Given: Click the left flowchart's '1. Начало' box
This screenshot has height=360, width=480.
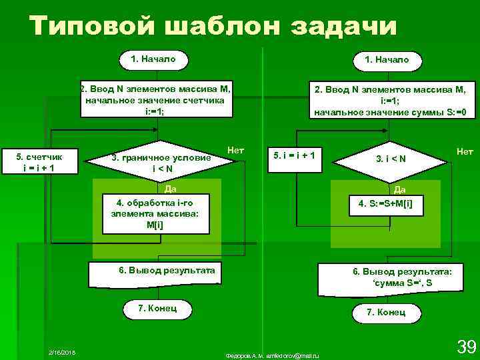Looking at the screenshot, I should tap(154, 59).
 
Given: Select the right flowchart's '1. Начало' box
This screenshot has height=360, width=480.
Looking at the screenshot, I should tap(387, 60).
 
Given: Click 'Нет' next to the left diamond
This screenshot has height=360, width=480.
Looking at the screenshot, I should tap(235, 151).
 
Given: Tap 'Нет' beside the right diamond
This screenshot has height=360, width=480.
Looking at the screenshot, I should tap(465, 152).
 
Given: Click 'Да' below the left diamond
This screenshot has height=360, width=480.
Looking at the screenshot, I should tap(170, 189).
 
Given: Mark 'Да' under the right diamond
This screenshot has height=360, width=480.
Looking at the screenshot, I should tap(400, 190).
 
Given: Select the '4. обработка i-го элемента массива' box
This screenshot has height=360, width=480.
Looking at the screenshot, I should tap(155, 213).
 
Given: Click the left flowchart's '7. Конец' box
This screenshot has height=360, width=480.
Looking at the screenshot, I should tap(157, 309).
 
